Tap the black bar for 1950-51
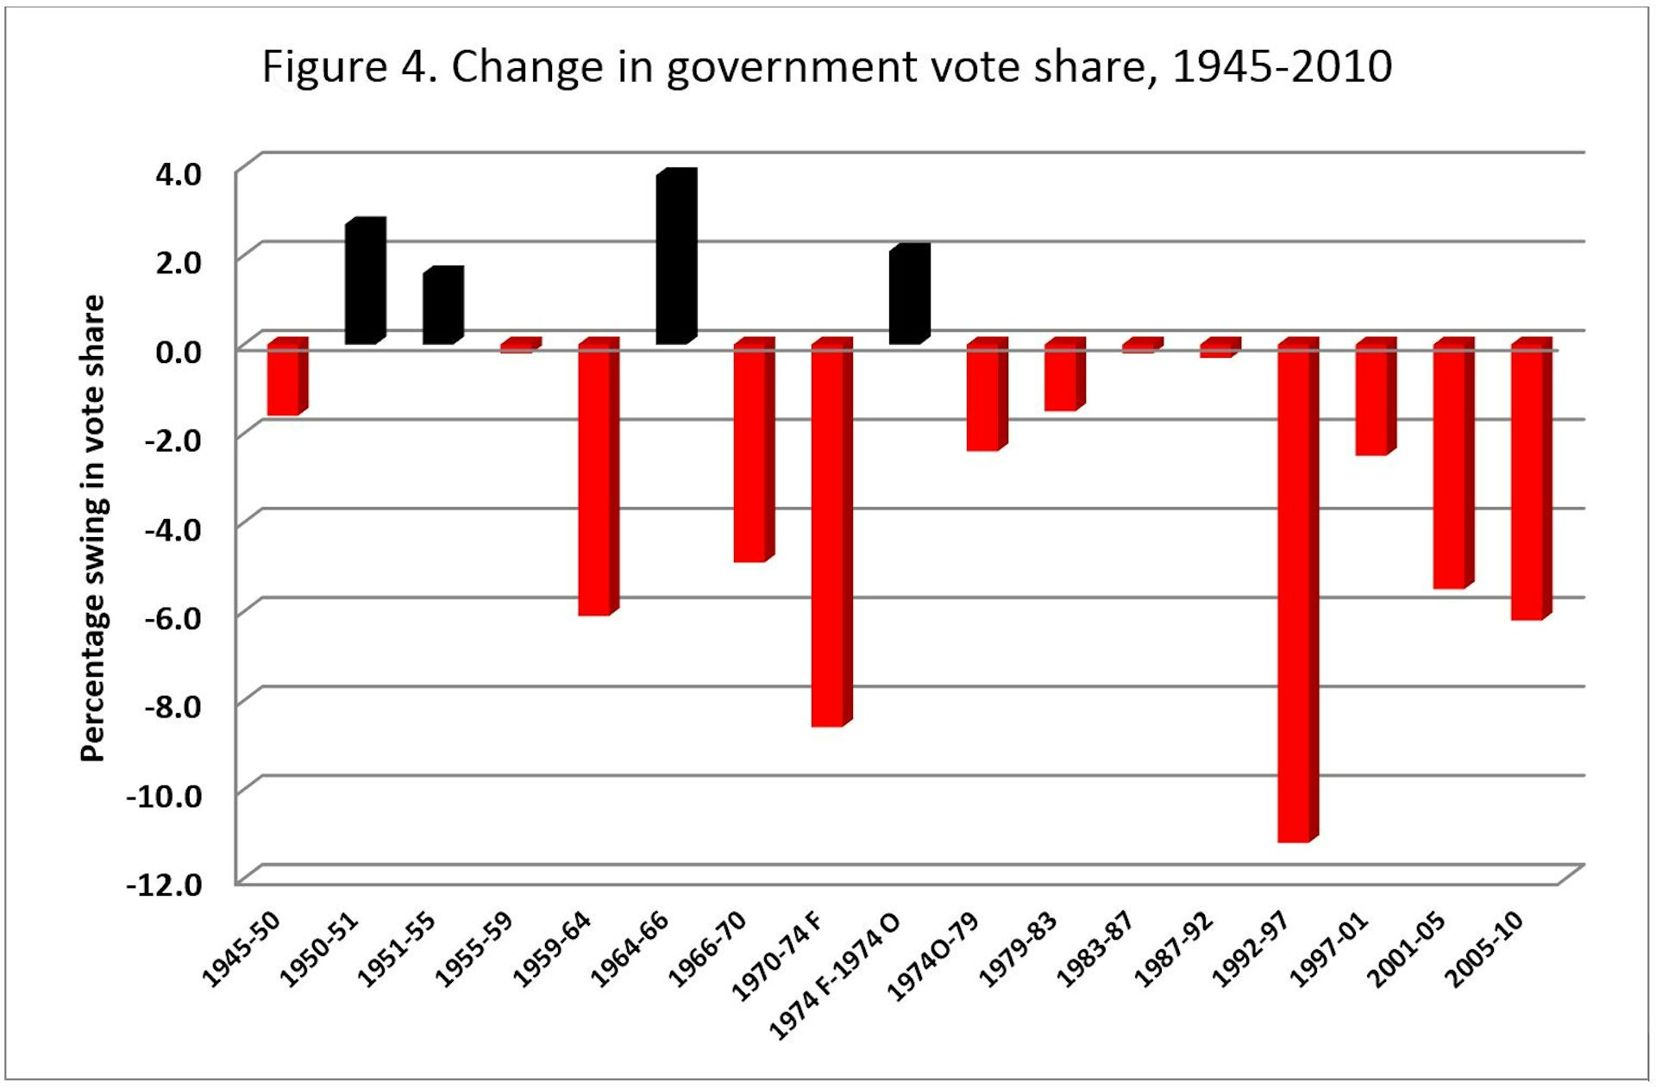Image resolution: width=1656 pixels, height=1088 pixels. point(364,283)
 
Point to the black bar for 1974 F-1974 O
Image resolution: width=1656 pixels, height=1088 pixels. point(908,296)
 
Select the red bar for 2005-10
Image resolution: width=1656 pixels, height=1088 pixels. point(1529,483)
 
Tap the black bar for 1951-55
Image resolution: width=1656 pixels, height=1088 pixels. point(442,307)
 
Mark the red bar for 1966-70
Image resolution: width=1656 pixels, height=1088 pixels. point(752,453)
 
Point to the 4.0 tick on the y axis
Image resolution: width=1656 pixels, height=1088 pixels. point(179,174)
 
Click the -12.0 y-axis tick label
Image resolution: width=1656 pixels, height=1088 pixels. point(165,885)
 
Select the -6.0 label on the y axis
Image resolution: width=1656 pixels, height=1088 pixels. point(172,618)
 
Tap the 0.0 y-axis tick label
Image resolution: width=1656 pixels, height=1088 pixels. point(179,352)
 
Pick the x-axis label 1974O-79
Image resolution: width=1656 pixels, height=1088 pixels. point(933,957)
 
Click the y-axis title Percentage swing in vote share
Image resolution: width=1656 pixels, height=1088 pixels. point(92,528)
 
